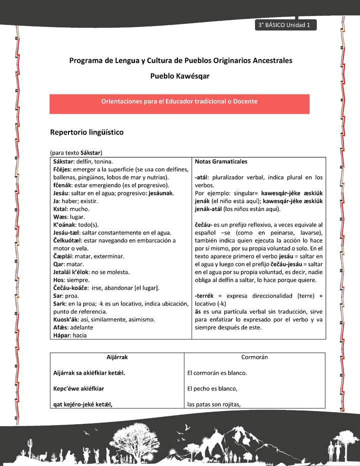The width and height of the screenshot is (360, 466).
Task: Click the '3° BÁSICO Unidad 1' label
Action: click(284, 25)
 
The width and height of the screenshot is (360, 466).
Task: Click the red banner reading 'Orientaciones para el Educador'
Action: click(179, 101)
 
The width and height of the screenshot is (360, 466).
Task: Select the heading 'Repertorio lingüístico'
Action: click(86, 132)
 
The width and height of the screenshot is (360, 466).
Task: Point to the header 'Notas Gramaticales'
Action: click(221, 161)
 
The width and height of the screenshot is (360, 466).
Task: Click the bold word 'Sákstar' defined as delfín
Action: click(63, 161)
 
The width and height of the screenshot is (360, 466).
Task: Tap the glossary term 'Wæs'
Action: click(59, 216)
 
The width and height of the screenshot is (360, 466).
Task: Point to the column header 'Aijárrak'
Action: click(117, 357)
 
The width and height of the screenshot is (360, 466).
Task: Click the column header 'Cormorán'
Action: click(254, 357)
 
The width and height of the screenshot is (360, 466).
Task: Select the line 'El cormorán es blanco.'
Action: click(217, 372)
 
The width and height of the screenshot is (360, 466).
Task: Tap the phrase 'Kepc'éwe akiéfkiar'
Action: click(78, 388)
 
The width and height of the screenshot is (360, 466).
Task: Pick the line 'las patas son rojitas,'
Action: click(214, 404)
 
